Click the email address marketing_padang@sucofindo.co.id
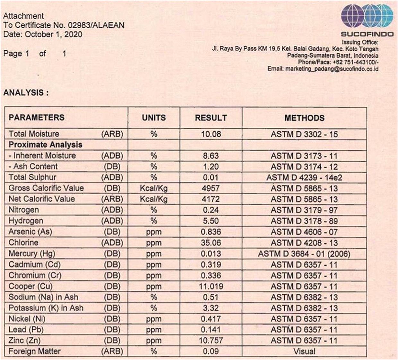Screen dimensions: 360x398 pyautogui.click(x=332, y=69)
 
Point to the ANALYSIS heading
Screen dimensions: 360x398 pyautogui.click(x=26, y=93)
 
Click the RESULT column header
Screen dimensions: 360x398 pyautogui.click(x=211, y=118)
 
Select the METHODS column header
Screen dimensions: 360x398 pyautogui.click(x=304, y=118)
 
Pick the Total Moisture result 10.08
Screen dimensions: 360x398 pyautogui.click(x=211, y=134)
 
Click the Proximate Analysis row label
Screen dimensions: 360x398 pyautogui.click(x=45, y=145)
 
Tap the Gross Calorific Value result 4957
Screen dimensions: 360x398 pyautogui.click(x=211, y=188)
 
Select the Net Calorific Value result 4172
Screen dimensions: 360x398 pyautogui.click(x=211, y=199)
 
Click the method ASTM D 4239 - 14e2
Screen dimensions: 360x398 pyautogui.click(x=304, y=178)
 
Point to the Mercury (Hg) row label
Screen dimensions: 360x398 pyautogui.click(x=32, y=254)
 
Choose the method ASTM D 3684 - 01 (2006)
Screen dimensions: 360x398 pyautogui.click(x=304, y=254)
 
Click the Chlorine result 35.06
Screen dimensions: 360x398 pyautogui.click(x=211, y=243)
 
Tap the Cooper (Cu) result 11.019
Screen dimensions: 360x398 pyautogui.click(x=211, y=286)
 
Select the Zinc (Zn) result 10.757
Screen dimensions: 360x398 pyautogui.click(x=211, y=340)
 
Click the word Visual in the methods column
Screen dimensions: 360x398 pyautogui.click(x=304, y=351)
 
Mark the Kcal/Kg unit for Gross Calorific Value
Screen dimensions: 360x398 pyautogui.click(x=154, y=188)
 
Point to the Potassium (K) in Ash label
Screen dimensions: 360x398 pyautogui.click(x=46, y=308)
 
